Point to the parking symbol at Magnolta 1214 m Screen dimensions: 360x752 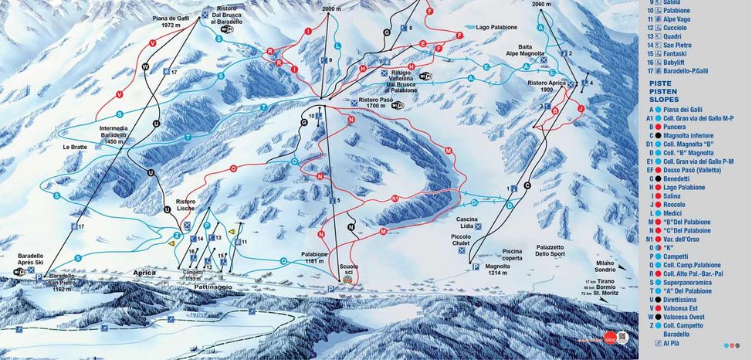pos(466,267)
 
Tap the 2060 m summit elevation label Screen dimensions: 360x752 pos(544,5)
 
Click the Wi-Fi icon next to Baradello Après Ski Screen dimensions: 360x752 pos(20,272)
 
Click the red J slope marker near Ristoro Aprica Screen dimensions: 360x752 pos(580,109)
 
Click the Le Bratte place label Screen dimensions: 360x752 pos(74,146)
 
